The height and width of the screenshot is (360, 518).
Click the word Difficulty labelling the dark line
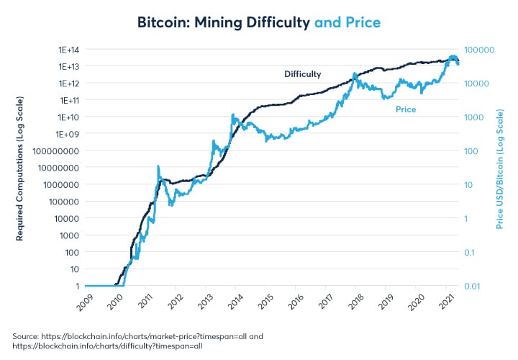click(x=303, y=74)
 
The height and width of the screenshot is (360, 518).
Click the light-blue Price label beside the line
click(x=406, y=109)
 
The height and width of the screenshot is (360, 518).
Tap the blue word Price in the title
click(x=360, y=22)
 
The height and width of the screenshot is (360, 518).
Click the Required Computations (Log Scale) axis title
click(x=21, y=167)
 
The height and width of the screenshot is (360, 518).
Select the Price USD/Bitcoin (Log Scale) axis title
click(x=499, y=168)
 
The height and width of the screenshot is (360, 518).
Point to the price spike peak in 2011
click(x=158, y=166)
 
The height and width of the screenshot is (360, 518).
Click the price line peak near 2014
click(x=232, y=114)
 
